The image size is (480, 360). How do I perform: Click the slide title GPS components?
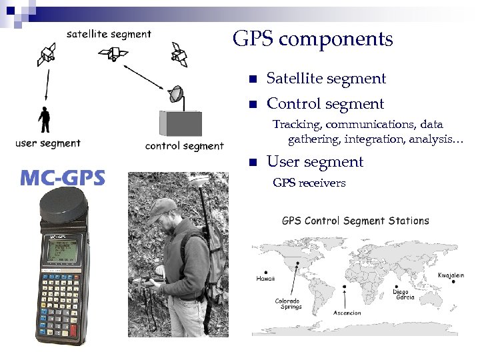(x=313, y=39)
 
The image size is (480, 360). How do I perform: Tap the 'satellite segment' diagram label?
(x=109, y=34)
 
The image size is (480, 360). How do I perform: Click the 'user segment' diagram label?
(x=48, y=143)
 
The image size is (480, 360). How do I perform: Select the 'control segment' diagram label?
(x=184, y=146)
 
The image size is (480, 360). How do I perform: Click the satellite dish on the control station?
(x=176, y=95)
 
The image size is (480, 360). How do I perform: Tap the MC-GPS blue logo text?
(x=62, y=177)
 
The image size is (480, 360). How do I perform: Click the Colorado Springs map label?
(x=288, y=303)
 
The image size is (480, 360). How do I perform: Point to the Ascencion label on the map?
(x=347, y=313)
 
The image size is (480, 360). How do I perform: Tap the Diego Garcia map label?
(x=404, y=294)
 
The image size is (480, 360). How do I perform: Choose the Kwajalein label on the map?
(x=451, y=275)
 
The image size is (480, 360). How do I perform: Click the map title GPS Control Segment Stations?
(x=355, y=221)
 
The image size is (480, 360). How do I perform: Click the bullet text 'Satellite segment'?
(x=326, y=79)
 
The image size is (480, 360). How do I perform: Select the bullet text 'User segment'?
(x=315, y=162)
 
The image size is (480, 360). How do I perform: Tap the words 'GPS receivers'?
(x=309, y=183)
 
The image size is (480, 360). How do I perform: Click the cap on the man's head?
(x=162, y=211)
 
